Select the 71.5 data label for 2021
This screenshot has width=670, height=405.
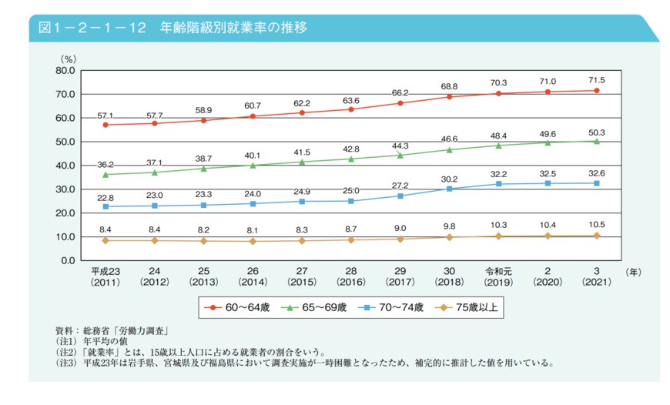(x=597, y=79)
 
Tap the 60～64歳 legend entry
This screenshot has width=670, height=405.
(x=240, y=307)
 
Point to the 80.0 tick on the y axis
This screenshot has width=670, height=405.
(x=64, y=70)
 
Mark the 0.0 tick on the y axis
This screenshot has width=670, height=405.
(x=67, y=260)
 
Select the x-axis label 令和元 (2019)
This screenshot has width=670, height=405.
(x=499, y=276)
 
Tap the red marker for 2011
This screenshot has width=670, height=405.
(x=106, y=125)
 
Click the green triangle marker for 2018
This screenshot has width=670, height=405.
(x=450, y=149)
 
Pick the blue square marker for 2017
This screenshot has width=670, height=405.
(x=400, y=196)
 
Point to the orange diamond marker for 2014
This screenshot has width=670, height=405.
(x=253, y=241)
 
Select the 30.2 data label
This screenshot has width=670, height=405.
(x=450, y=178)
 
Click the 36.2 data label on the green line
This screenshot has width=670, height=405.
(x=106, y=163)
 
